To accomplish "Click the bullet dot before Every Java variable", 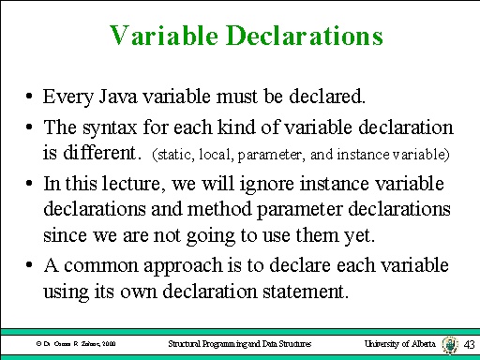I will point(31,97).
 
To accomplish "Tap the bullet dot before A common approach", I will point(31,266).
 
